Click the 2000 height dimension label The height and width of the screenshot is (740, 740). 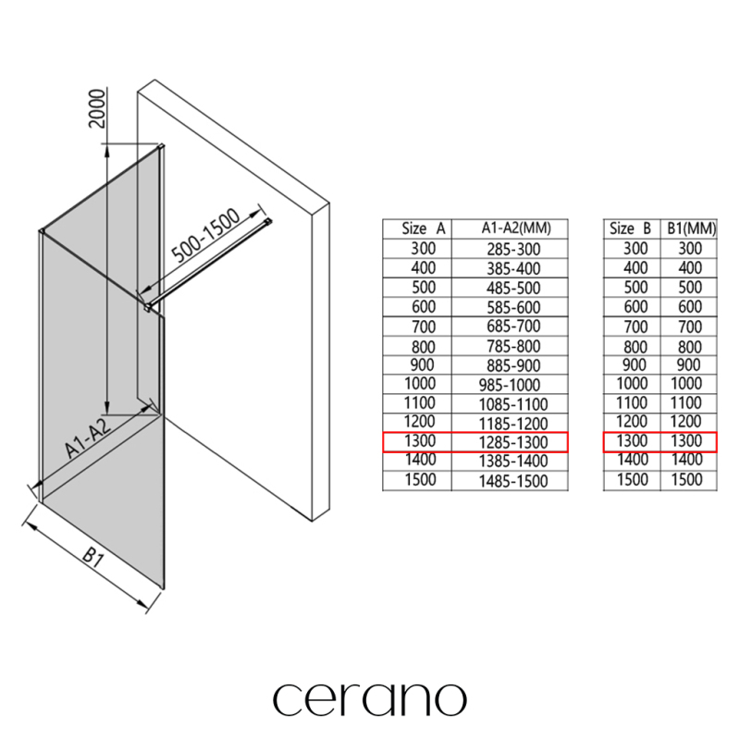click(x=97, y=108)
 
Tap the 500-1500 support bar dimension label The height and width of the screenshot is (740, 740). click(x=205, y=236)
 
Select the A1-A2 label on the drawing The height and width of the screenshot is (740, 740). click(x=88, y=438)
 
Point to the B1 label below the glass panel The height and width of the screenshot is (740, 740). click(x=93, y=558)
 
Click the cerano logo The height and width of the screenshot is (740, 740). click(x=370, y=699)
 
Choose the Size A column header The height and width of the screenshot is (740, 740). click(x=424, y=228)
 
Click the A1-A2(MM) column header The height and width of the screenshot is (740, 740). click(x=516, y=228)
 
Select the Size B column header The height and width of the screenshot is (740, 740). click(x=630, y=228)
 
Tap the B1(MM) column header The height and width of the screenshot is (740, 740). click(x=691, y=228)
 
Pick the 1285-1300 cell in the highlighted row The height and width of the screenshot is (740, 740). click(x=513, y=443)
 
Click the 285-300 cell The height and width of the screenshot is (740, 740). click(x=513, y=249)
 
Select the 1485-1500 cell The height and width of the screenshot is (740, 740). click(x=513, y=481)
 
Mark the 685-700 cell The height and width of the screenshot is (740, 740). click(x=513, y=327)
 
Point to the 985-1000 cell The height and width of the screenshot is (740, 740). click(x=510, y=385)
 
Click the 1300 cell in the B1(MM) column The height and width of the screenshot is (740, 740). click(x=686, y=441)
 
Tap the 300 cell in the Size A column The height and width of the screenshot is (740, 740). click(x=424, y=249)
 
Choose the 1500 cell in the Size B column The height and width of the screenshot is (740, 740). click(x=633, y=479)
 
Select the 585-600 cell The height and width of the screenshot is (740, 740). click(x=513, y=308)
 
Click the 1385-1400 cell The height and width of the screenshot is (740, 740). click(x=513, y=461)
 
